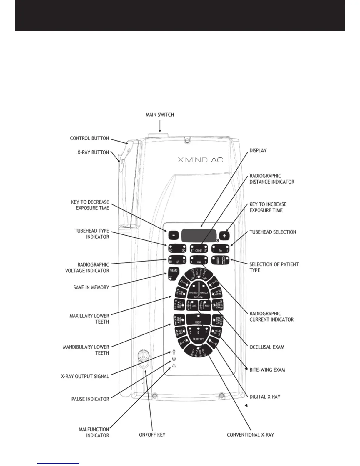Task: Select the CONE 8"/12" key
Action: [x=199, y=249]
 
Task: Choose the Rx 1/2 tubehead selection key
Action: [x=221, y=249]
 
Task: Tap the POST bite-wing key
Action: [x=206, y=306]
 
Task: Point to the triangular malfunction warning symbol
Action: [x=174, y=366]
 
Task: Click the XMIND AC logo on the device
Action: [x=200, y=160]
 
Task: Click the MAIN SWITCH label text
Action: [x=160, y=114]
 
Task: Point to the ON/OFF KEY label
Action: [x=152, y=435]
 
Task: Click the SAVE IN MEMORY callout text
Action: [x=91, y=287]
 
